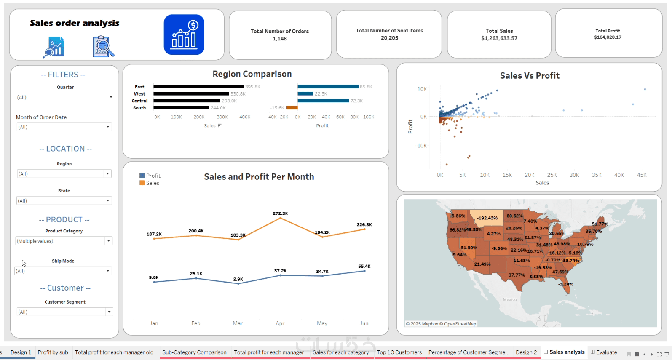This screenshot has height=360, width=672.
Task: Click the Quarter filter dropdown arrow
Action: tap(111, 97)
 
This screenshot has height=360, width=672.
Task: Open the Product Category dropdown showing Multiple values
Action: tap(108, 241)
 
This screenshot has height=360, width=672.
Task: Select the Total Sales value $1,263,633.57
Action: tap(499, 38)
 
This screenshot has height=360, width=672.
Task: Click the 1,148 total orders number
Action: tap(280, 39)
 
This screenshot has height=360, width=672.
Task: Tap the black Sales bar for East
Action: tap(198, 87)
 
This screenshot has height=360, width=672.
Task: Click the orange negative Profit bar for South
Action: tap(292, 108)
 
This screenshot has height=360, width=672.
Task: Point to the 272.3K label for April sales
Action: tap(280, 213)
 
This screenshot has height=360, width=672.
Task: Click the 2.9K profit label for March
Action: tap(238, 279)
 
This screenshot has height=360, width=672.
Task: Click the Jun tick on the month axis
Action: tap(364, 323)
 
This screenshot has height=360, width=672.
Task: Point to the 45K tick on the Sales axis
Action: tap(642, 175)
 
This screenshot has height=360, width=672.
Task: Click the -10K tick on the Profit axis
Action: tap(421, 146)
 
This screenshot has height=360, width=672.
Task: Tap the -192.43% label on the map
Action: tap(487, 218)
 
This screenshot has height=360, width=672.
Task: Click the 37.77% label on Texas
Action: tap(517, 275)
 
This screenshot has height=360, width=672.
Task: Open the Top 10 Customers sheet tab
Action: tap(399, 352)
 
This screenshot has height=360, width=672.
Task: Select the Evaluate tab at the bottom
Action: tap(606, 352)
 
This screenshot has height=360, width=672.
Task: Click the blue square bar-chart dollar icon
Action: tap(184, 35)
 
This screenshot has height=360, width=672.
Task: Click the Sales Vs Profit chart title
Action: tap(530, 76)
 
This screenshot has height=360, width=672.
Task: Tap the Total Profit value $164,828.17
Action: tap(608, 37)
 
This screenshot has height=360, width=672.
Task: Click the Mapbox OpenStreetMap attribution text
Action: tap(441, 324)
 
